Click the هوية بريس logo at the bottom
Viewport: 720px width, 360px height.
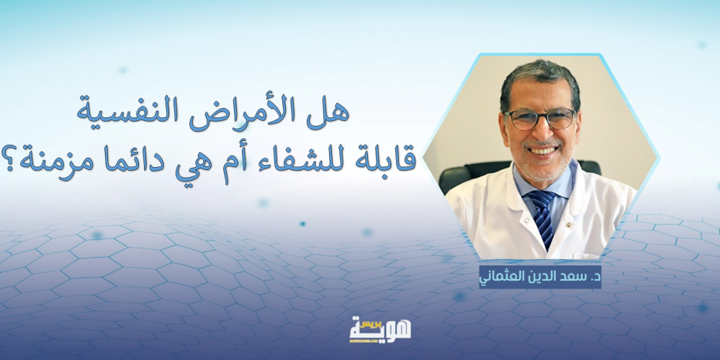click(379, 329)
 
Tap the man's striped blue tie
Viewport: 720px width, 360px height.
click(542, 215)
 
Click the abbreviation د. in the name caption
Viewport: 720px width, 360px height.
click(591, 278)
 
